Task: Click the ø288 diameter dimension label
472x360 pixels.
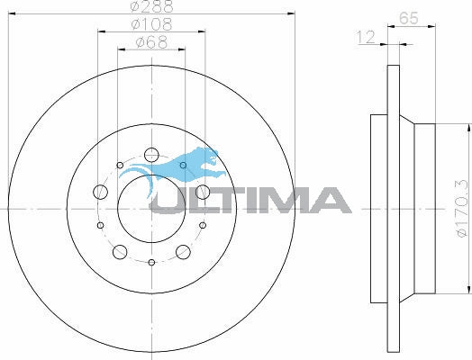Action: (152, 6)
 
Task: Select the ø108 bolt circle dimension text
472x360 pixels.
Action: (151, 24)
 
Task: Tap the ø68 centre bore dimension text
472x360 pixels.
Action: (151, 42)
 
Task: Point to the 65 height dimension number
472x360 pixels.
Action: (408, 18)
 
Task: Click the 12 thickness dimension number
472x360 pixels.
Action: (366, 37)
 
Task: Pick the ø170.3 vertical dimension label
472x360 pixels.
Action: (462, 208)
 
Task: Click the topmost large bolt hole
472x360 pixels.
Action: (151, 155)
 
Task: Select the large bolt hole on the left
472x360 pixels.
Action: (100, 192)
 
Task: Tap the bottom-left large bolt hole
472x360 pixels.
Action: (120, 252)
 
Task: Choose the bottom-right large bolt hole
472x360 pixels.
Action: (183, 252)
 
